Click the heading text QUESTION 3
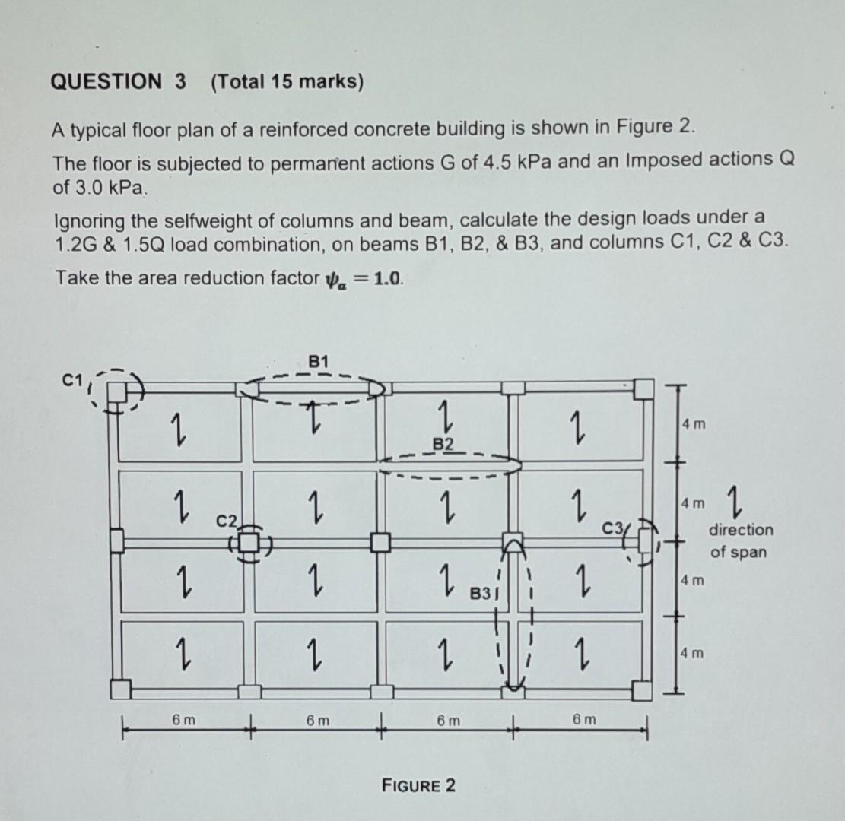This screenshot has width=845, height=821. pos(118,81)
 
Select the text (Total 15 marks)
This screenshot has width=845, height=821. pos(287,81)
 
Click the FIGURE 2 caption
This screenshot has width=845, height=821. pos(419,785)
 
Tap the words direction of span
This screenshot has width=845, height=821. pos(740,540)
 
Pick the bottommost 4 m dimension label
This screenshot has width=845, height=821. pos(693,653)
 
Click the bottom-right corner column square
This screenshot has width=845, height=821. pos(642,690)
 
